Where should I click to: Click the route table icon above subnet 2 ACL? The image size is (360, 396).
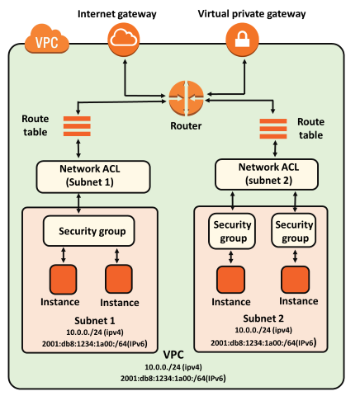click(x=273, y=130)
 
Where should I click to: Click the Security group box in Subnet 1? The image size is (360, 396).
click(x=85, y=230)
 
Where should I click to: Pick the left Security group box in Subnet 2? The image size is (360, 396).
click(x=230, y=231)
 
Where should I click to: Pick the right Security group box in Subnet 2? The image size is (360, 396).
click(x=294, y=231)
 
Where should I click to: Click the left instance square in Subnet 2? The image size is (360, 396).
click(x=230, y=280)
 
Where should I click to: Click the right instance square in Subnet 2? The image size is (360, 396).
click(x=294, y=280)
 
